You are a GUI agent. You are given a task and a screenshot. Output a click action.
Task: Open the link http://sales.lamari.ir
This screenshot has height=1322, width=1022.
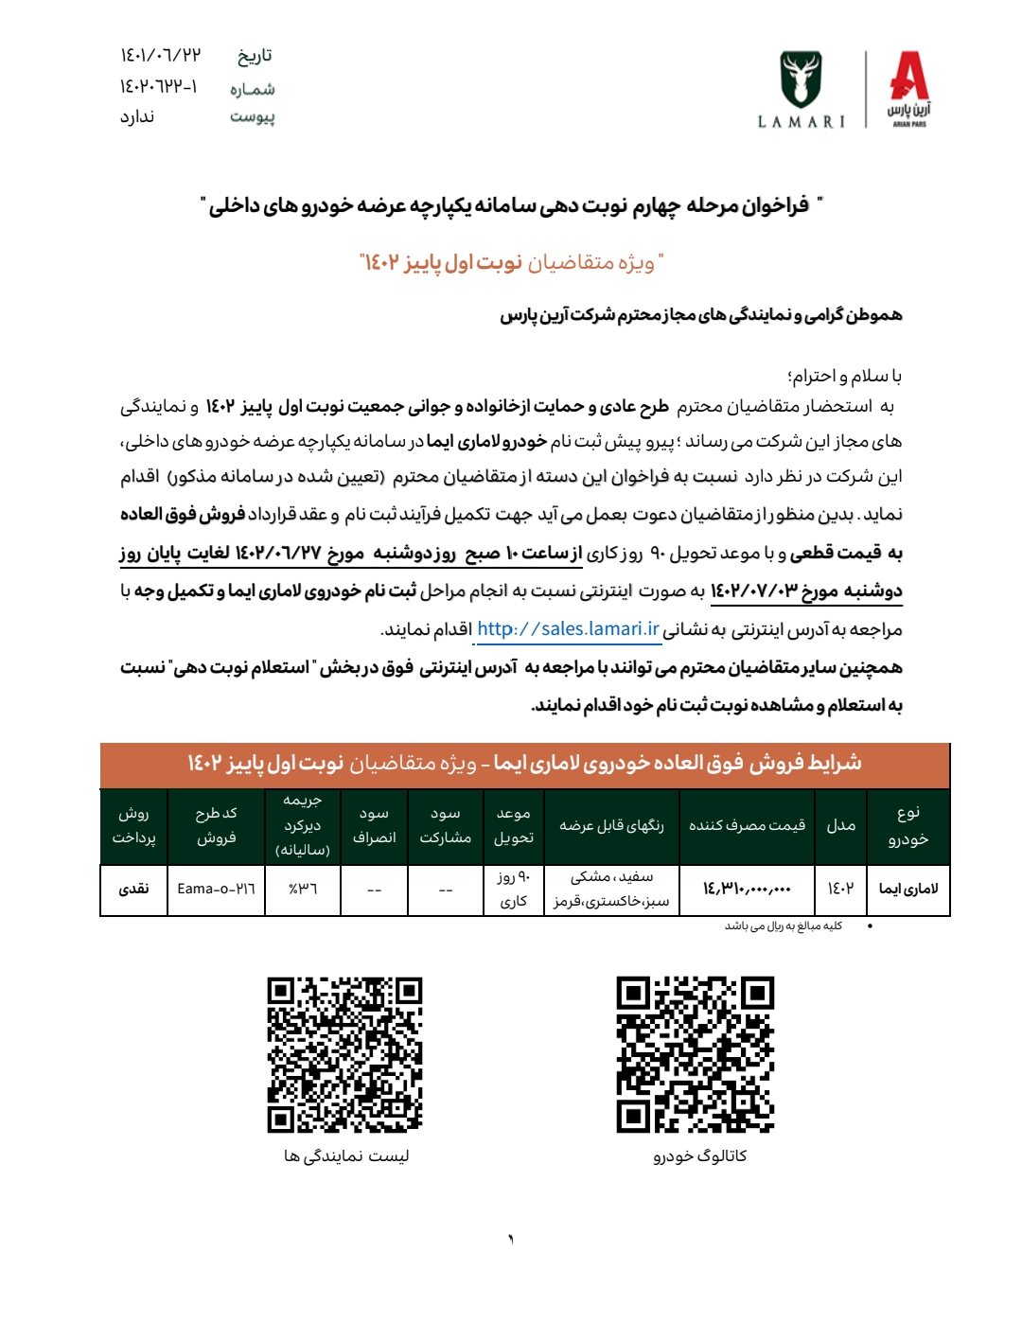tap(568, 629)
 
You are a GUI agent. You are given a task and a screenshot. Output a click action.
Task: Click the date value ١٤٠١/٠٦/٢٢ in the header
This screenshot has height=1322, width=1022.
tap(160, 55)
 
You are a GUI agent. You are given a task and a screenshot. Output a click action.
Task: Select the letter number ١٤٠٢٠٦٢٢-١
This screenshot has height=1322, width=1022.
tap(158, 87)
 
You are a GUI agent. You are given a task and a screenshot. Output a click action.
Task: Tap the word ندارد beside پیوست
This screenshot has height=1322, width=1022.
tap(137, 116)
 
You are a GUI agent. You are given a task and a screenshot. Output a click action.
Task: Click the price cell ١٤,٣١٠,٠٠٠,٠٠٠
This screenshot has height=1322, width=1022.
tap(747, 889)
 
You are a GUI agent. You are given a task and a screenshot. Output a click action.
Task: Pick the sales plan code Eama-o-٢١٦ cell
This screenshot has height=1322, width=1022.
tap(216, 889)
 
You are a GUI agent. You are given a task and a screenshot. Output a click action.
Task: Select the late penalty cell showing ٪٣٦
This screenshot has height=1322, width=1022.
tap(303, 889)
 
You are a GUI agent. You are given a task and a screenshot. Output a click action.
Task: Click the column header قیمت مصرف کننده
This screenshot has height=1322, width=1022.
tap(747, 825)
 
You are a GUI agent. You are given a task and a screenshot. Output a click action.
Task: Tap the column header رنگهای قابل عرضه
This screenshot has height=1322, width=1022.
tap(611, 825)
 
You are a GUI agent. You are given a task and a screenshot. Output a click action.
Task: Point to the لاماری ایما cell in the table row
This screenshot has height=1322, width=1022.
tap(908, 889)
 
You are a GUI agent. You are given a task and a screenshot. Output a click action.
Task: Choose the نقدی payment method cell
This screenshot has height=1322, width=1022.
tap(133, 889)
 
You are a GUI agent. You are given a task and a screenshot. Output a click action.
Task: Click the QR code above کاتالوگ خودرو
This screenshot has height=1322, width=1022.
tap(695, 1054)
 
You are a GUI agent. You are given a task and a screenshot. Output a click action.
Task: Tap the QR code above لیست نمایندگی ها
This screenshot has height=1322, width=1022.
tap(344, 1054)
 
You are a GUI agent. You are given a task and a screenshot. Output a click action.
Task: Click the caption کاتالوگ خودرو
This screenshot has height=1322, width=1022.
tap(699, 1155)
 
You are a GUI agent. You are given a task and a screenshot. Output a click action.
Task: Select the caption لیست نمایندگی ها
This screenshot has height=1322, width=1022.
tap(346, 1155)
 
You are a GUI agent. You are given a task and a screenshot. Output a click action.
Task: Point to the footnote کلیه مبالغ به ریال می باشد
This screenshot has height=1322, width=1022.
tap(783, 925)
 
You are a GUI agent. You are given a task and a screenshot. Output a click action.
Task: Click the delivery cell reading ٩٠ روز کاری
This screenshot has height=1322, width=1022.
tap(514, 889)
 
